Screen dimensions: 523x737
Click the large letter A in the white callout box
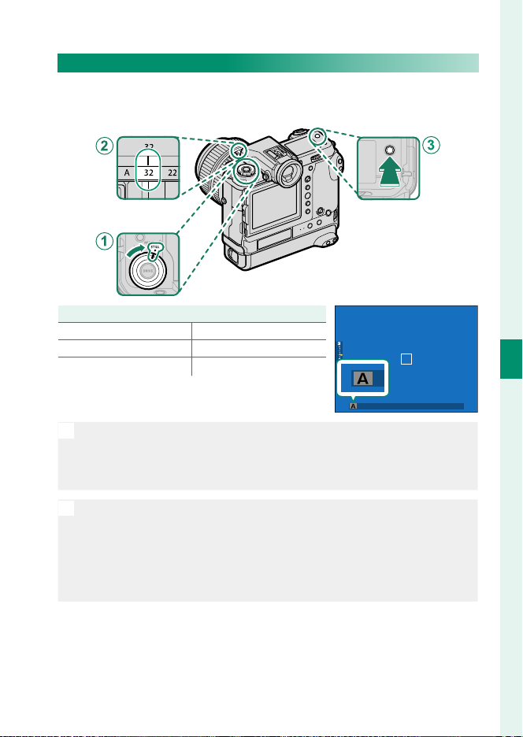(364, 380)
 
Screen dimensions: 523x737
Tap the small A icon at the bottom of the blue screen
(354, 406)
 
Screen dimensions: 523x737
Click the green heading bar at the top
(268, 63)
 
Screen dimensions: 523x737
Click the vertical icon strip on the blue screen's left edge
(340, 350)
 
